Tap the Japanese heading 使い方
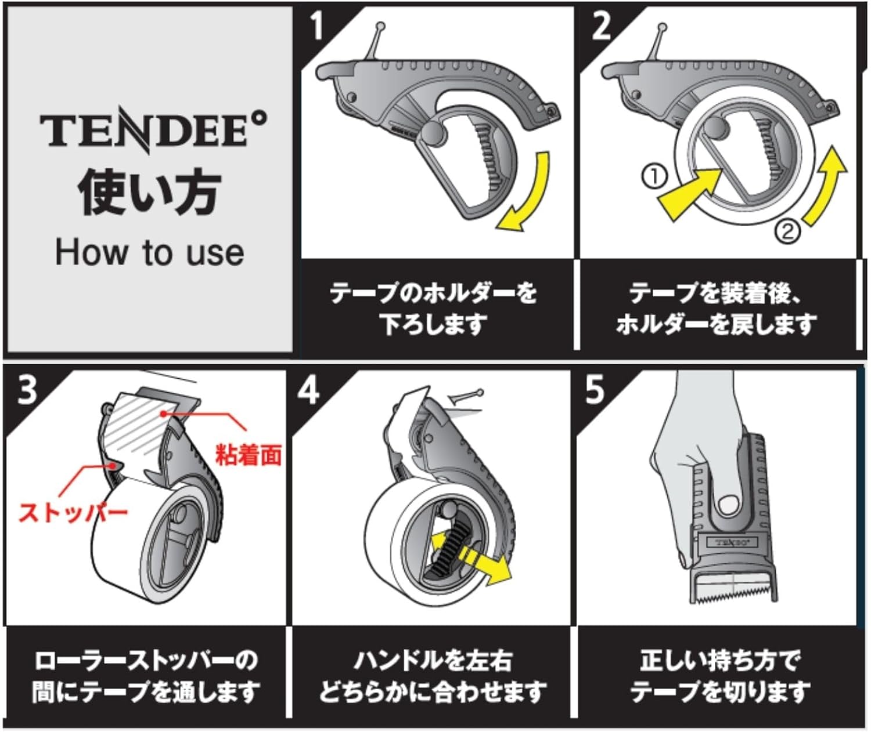[149, 193]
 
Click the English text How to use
[149, 253]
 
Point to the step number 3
[27, 390]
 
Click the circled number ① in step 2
[654, 176]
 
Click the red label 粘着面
[249, 455]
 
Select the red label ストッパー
[73, 513]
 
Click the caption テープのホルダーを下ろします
[433, 308]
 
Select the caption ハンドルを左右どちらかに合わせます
[433, 676]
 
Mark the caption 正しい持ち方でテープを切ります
[720, 676]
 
